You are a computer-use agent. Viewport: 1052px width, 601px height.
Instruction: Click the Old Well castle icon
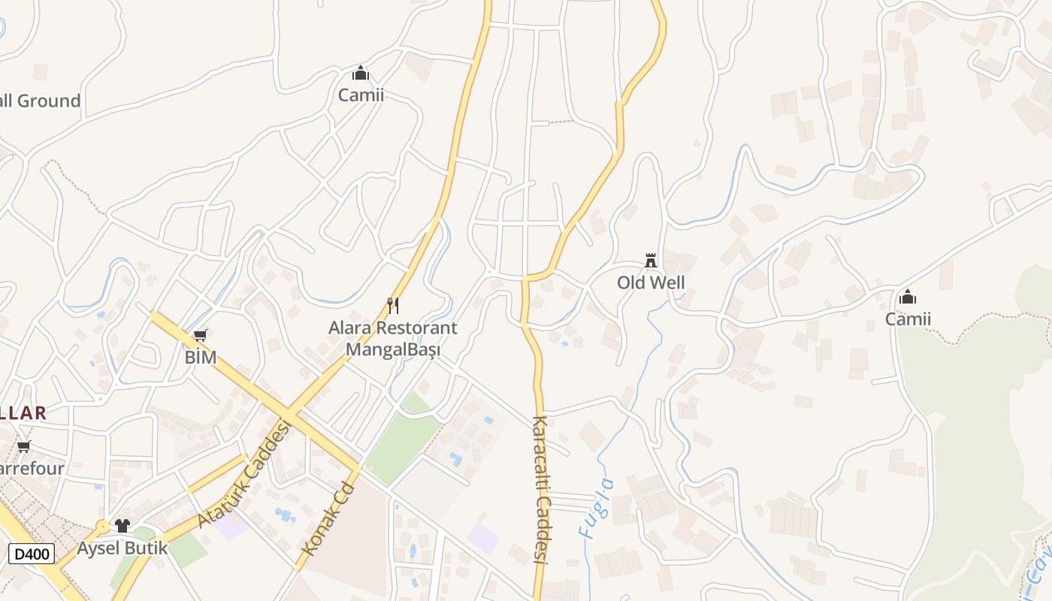tap(651, 261)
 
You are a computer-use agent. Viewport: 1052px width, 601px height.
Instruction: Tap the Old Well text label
tap(651, 283)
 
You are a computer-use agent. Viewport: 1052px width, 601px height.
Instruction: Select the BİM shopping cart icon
tap(200, 336)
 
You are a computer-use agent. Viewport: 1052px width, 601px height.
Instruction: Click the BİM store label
tap(201, 358)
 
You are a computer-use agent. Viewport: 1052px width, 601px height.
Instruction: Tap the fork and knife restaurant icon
tap(392, 305)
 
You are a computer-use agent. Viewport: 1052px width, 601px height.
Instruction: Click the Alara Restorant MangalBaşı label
tap(392, 339)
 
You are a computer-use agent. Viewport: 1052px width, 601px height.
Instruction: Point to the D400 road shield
tap(32, 554)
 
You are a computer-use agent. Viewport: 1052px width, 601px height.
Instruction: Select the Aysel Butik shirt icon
tap(122, 525)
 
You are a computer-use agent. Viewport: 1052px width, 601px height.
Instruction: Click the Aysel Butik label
tap(123, 548)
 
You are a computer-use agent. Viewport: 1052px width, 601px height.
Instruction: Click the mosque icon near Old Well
tap(908, 297)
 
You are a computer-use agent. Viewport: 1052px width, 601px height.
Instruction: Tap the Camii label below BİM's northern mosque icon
tap(361, 95)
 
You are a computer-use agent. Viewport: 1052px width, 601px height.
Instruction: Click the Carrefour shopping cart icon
tap(24, 447)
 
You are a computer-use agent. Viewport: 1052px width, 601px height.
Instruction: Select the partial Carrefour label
tap(32, 469)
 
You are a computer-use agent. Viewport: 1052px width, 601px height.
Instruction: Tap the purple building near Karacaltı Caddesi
tap(482, 539)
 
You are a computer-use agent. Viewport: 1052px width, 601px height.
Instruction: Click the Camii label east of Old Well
tap(908, 319)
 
